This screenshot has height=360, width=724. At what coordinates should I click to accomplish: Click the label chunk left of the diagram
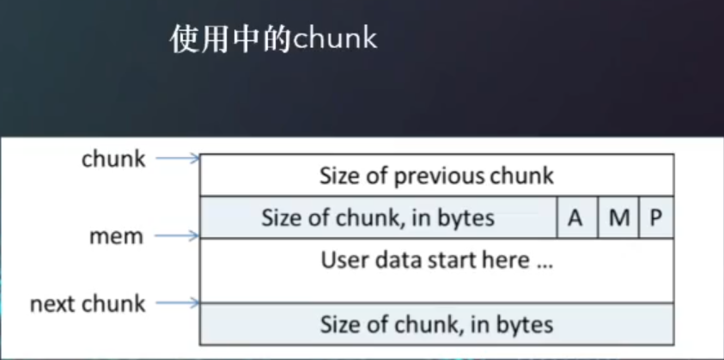pyautogui.click(x=114, y=158)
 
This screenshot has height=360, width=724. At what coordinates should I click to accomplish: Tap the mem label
pyautogui.click(x=116, y=235)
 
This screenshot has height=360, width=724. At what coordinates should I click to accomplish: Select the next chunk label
pyautogui.click(x=88, y=303)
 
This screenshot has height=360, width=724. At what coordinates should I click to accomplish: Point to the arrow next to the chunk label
pyautogui.click(x=179, y=158)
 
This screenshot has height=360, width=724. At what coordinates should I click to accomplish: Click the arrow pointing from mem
pyautogui.click(x=179, y=235)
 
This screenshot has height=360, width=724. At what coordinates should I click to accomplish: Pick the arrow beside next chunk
pyautogui.click(x=179, y=302)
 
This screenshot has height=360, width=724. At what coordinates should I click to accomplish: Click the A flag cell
pyautogui.click(x=575, y=218)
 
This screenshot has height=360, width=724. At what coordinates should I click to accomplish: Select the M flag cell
pyautogui.click(x=618, y=218)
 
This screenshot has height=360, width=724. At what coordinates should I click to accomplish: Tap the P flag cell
pyautogui.click(x=655, y=218)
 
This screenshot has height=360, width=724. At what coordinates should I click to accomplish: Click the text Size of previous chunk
pyautogui.click(x=436, y=177)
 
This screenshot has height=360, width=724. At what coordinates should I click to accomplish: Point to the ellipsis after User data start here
pyautogui.click(x=545, y=261)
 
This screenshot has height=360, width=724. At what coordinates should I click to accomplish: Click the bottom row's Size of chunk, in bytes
pyautogui.click(x=436, y=325)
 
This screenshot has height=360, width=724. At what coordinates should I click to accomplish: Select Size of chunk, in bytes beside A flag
pyautogui.click(x=378, y=218)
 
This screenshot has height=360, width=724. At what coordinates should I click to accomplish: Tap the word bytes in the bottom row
pyautogui.click(x=525, y=325)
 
